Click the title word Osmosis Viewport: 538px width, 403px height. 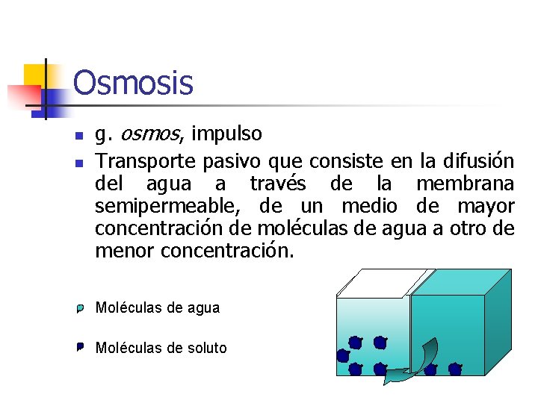[133, 83]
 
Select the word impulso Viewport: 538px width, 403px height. [226, 134]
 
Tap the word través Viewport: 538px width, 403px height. [277, 184]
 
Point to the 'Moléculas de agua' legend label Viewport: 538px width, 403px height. [158, 307]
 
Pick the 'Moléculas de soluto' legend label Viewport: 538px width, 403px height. [161, 348]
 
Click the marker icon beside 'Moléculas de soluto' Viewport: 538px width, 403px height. [79, 347]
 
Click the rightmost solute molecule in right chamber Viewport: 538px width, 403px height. [454, 369]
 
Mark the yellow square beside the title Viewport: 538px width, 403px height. [34, 76]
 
